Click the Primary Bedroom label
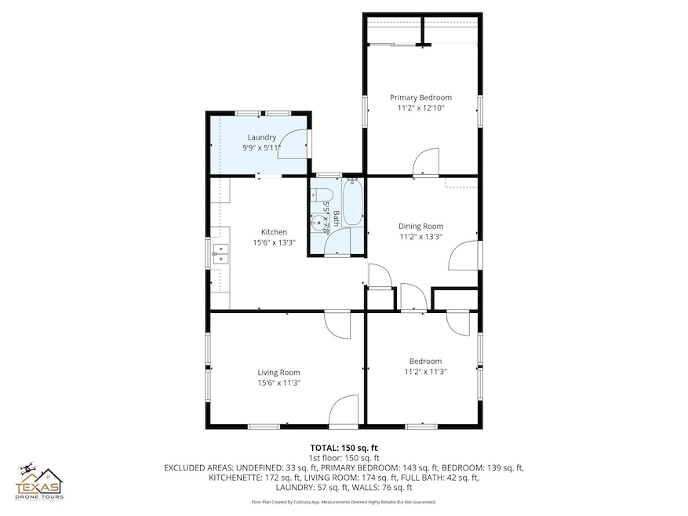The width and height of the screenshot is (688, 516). click(x=420, y=97)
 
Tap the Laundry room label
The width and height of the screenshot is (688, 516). click(x=261, y=137)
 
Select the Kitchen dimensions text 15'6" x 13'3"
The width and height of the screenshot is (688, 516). click(x=274, y=243)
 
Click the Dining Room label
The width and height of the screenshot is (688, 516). click(x=421, y=226)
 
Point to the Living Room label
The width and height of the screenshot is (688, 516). click(x=278, y=372)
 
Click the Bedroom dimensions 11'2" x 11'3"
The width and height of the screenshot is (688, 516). click(x=425, y=372)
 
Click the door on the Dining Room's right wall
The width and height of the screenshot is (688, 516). click(x=463, y=256)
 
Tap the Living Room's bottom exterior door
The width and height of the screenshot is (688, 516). click(x=344, y=412)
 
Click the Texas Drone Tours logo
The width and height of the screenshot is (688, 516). click(x=41, y=480)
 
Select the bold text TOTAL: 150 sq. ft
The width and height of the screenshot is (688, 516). click(x=344, y=448)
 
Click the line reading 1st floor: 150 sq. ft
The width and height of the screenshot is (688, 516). click(x=344, y=457)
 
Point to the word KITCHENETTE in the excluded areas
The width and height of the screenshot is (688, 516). click(x=233, y=477)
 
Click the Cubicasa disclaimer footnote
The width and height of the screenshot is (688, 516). click(x=344, y=502)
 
